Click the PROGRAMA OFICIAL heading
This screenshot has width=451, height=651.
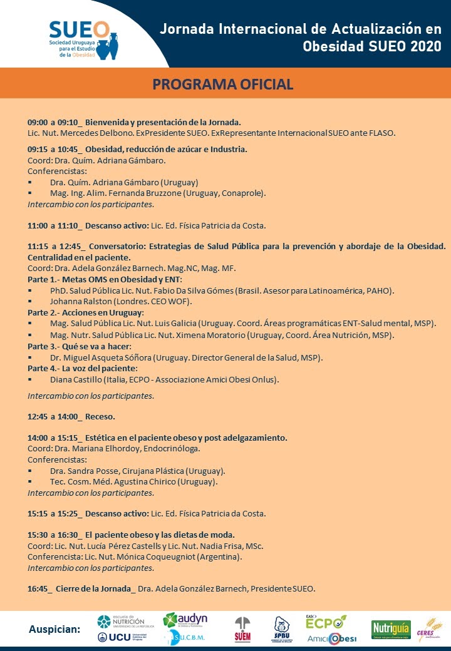223,85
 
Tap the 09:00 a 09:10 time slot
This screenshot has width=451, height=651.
52,122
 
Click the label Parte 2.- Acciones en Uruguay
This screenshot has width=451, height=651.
85,312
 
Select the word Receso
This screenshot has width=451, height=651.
100,416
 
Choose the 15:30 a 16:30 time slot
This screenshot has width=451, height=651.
52,535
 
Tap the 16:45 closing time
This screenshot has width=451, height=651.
39,589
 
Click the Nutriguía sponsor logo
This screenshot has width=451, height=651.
390,628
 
